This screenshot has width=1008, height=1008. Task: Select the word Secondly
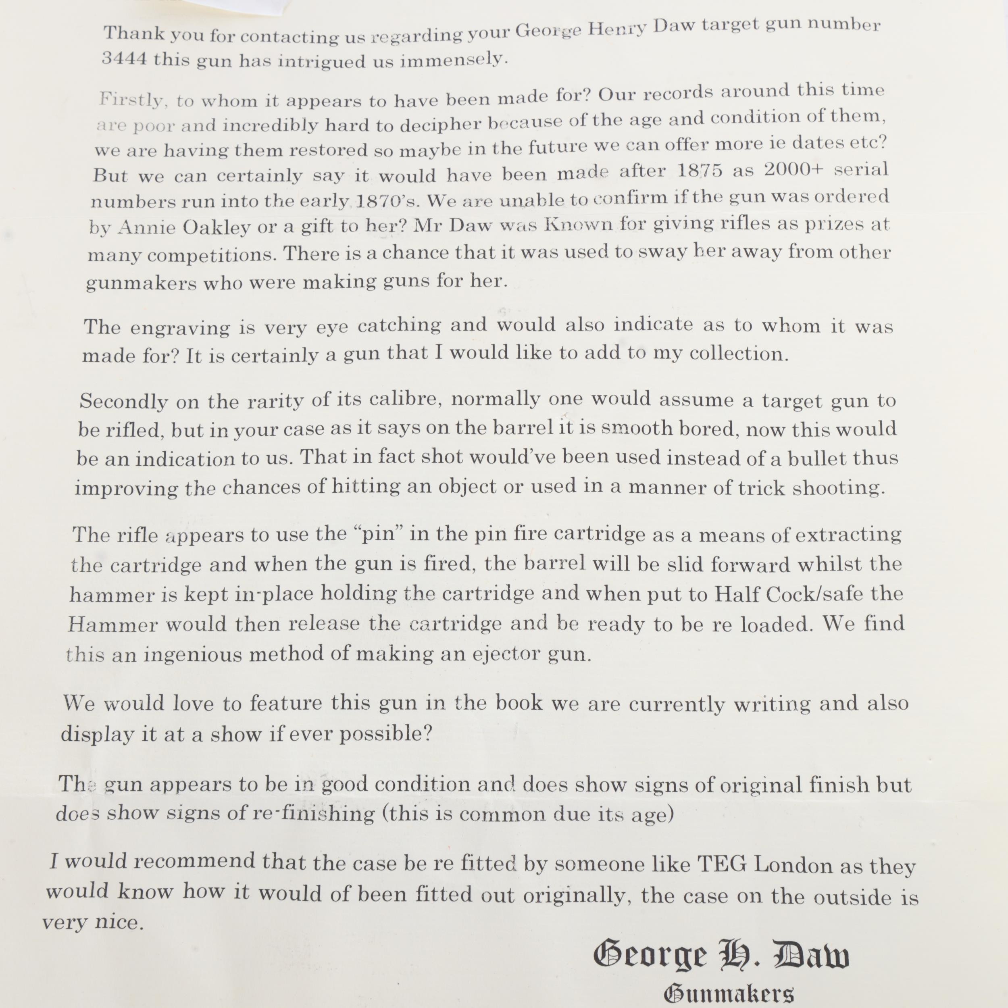[124, 401]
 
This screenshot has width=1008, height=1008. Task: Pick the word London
[793, 866]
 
